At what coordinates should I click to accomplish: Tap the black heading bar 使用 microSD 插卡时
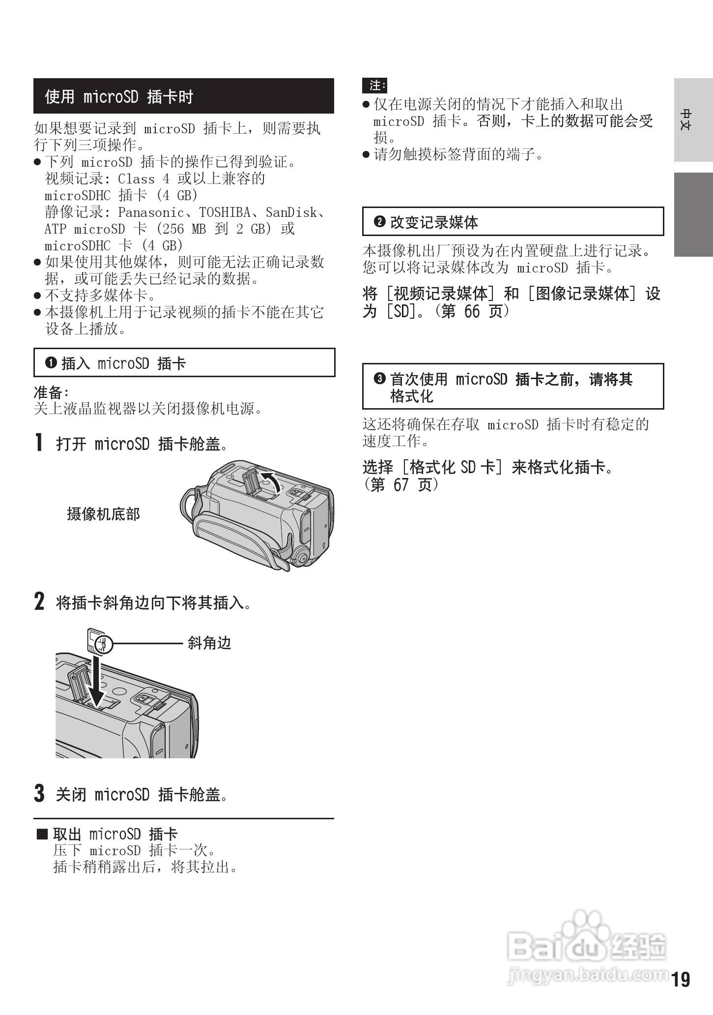[183, 96]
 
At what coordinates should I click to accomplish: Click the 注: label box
[374, 86]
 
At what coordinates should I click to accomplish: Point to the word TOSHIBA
[225, 212]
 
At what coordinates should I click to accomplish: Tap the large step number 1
[39, 442]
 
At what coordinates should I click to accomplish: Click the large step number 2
[39, 601]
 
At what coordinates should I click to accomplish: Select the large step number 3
[39, 793]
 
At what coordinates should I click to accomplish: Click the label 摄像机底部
[104, 514]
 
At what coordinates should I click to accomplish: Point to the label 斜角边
[209, 643]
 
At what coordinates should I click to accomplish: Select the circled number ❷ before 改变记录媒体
[379, 222]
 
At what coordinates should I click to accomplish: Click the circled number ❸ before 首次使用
[379, 379]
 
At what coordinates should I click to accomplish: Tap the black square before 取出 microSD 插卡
[43, 834]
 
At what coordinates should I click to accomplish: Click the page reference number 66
[472, 311]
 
